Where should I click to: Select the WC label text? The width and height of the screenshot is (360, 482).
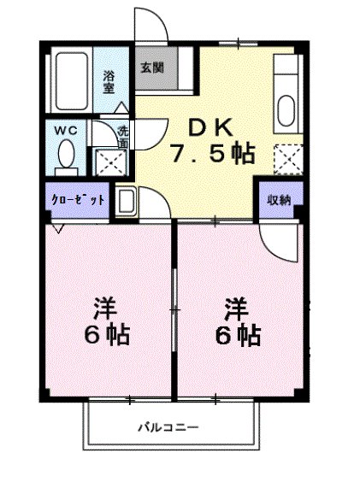66,130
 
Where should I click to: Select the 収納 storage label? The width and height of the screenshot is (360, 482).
278,200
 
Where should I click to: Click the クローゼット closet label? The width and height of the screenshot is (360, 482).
76,199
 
